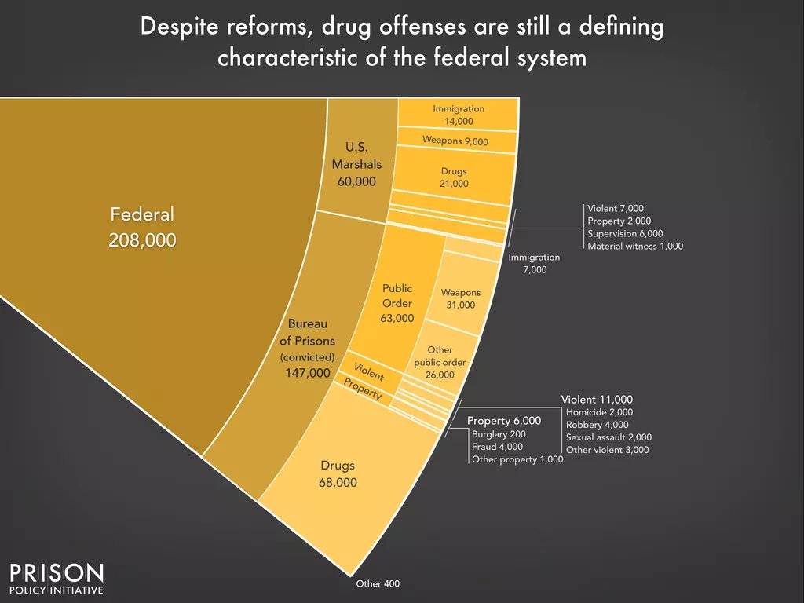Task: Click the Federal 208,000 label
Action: coord(142,227)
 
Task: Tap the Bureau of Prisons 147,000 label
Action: coord(308,349)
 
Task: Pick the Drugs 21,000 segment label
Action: coord(454,177)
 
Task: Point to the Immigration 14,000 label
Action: coord(459,115)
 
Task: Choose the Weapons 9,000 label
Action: coord(455,141)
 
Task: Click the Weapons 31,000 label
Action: coord(460,298)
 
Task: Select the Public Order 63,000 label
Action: coord(397,303)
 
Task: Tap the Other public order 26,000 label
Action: coord(440,362)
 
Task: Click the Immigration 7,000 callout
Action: coord(534,263)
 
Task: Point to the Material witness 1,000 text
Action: coord(635,246)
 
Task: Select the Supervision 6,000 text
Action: coord(625,233)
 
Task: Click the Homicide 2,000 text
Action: coord(599,412)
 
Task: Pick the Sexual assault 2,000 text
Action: coord(608,437)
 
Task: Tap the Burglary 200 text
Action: coord(499,433)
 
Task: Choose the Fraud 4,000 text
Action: coord(497,446)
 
